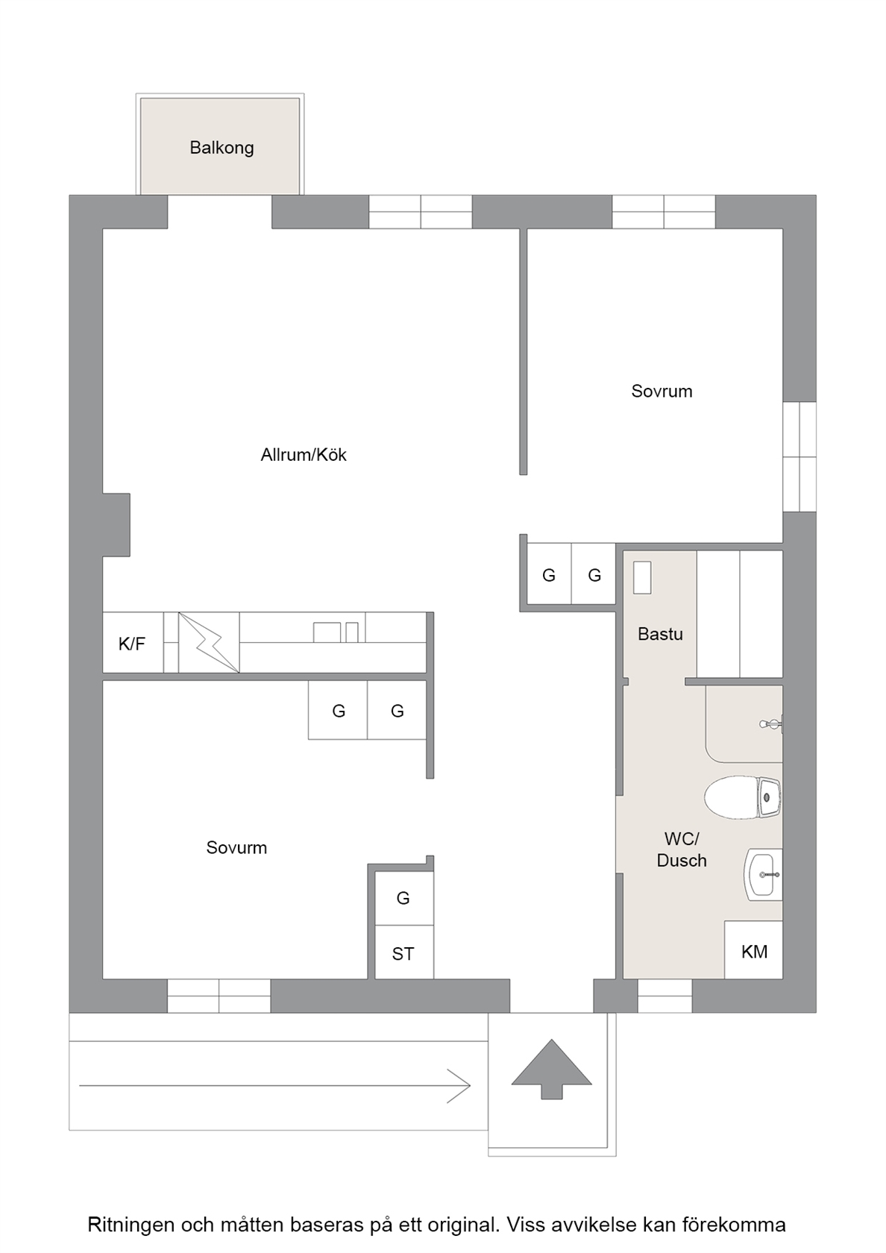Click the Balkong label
[221, 148]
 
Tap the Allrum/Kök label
[303, 455]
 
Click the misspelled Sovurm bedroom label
[236, 847]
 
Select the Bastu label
[660, 634]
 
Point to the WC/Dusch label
[682, 849]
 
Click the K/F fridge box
[133, 643]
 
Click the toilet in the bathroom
[742, 797]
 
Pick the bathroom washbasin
[763, 874]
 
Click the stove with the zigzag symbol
[209, 643]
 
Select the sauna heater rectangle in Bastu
[642, 578]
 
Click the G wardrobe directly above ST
[404, 898]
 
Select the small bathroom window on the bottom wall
[664, 996]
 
